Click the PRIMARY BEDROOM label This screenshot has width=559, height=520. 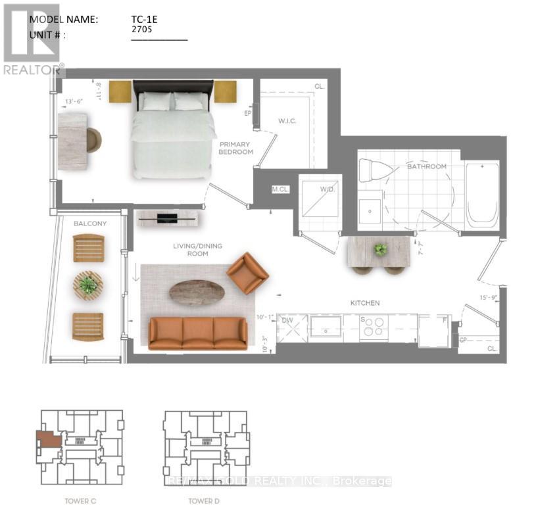(x=236, y=148)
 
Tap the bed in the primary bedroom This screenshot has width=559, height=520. (x=173, y=135)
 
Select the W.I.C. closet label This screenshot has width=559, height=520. (x=289, y=121)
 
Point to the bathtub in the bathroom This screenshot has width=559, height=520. (x=482, y=194)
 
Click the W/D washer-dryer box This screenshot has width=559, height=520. (x=320, y=197)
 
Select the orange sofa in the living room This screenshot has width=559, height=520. (x=197, y=333)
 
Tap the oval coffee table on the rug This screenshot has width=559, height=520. (x=197, y=293)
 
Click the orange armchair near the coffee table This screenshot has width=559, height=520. (x=247, y=273)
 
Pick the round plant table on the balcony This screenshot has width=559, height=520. (x=88, y=286)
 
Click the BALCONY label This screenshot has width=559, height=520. (x=89, y=224)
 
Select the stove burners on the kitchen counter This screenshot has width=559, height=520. (x=374, y=327)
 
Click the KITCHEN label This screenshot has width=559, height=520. (x=364, y=303)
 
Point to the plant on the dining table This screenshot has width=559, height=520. (x=380, y=249)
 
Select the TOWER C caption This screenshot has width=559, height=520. (x=80, y=501)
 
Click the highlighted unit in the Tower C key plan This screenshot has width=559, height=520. (x=48, y=439)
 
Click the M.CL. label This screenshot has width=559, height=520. (x=281, y=190)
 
